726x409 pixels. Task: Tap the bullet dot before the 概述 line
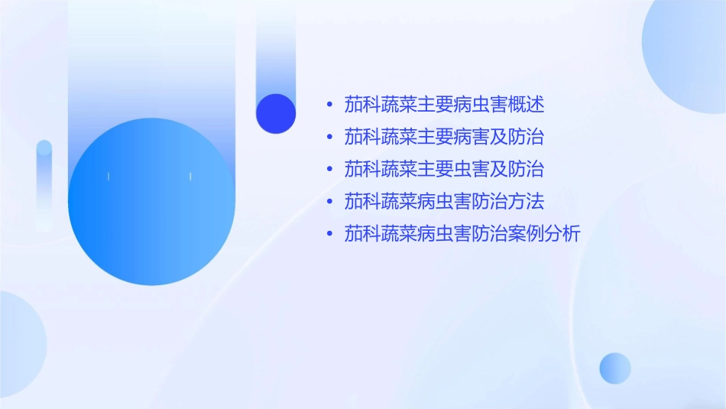329,104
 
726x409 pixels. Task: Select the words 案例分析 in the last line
546,234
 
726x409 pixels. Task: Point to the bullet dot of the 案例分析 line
329,234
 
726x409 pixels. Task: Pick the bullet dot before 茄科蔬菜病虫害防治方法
329,202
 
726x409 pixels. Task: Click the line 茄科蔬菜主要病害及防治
444,137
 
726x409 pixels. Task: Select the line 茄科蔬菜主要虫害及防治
444,169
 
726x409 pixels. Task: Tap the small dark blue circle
276,113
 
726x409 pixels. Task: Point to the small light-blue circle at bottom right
615,368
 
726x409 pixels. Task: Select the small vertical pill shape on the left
44,183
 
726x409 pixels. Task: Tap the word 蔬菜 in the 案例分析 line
399,234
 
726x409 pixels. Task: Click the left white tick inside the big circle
109,177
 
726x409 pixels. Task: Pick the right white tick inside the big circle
190,177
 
